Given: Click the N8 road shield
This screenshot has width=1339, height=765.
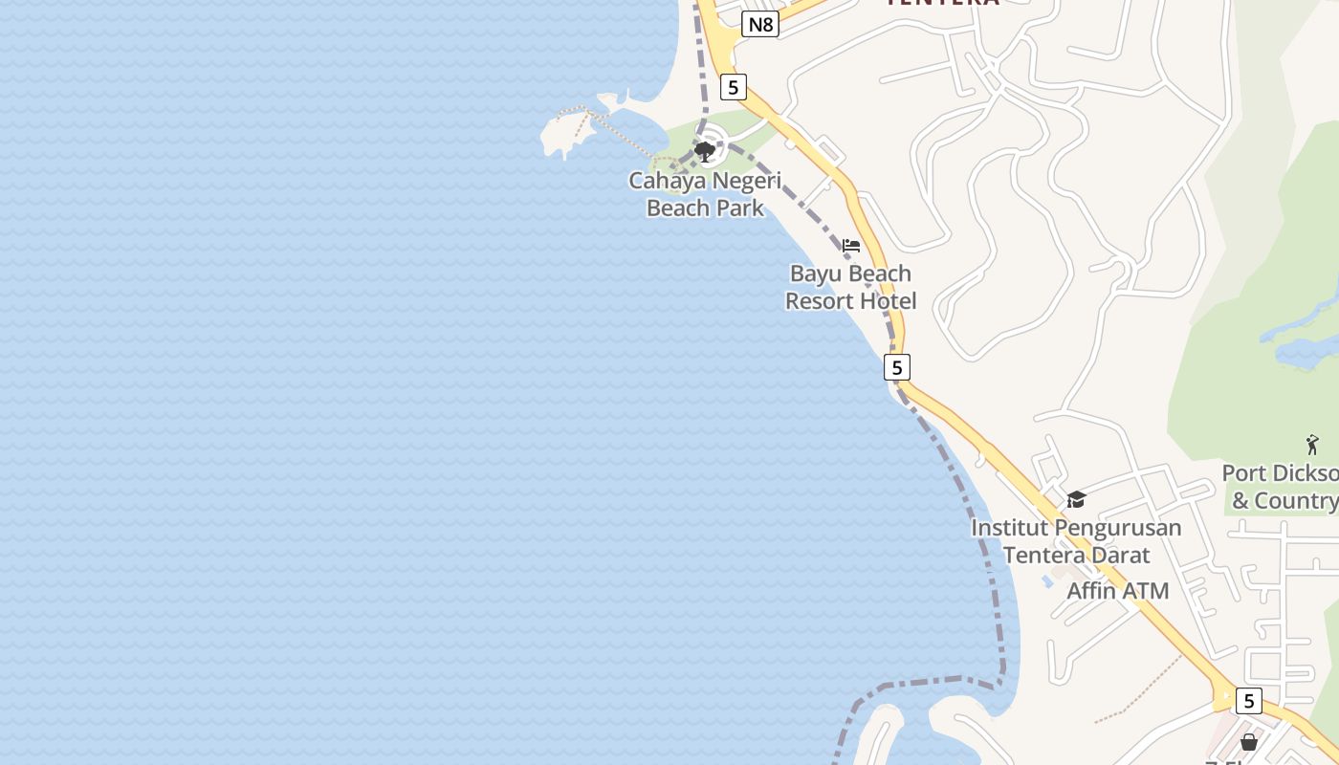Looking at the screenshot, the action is click(x=760, y=24).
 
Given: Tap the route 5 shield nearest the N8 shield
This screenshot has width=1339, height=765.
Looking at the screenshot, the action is click(x=733, y=87).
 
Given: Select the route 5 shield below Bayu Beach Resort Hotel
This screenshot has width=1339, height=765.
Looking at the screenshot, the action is click(x=896, y=367).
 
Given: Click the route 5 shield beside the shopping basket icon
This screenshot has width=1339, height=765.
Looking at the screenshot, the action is click(x=1248, y=701).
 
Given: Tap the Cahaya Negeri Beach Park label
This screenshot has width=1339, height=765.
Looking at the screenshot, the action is click(x=705, y=194).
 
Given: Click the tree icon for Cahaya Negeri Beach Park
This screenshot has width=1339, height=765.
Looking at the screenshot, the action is click(x=705, y=151).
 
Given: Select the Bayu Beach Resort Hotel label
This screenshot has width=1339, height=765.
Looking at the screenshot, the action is click(x=850, y=288).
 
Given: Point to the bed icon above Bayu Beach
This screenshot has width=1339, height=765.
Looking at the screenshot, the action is click(x=851, y=246).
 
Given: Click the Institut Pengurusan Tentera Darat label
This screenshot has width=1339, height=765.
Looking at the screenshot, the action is click(x=1076, y=541).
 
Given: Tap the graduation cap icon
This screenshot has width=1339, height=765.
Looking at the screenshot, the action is click(x=1076, y=499).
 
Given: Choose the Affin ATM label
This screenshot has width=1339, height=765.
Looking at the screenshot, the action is click(x=1117, y=591).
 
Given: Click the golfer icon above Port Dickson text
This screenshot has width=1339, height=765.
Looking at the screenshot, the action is click(x=1312, y=445).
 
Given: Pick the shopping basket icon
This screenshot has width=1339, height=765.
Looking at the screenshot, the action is click(x=1248, y=742).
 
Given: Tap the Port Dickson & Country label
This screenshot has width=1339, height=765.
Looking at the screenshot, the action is click(x=1282, y=487).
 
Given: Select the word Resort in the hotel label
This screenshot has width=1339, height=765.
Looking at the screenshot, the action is click(x=819, y=302).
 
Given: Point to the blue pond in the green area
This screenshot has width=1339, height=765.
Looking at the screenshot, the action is click(x=1306, y=352).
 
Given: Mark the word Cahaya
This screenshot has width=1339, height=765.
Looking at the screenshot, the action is click(x=663, y=181).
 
